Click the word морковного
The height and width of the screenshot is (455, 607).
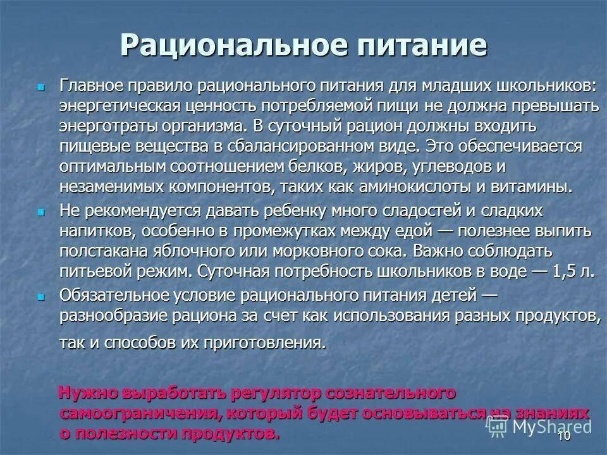tap(334, 251)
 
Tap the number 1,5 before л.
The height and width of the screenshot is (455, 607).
tap(565, 272)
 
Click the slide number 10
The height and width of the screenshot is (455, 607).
tap(563, 437)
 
